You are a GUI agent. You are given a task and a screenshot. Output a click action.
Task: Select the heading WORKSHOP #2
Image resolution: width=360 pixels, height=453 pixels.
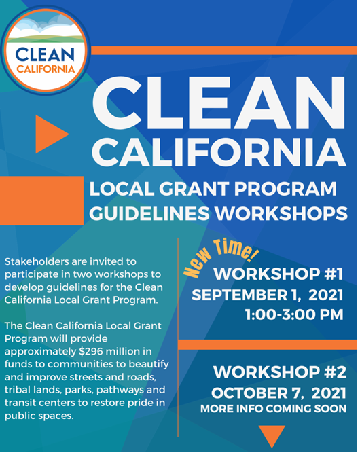280,373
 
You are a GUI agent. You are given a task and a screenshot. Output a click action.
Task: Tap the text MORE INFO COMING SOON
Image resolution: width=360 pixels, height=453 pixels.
273,410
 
